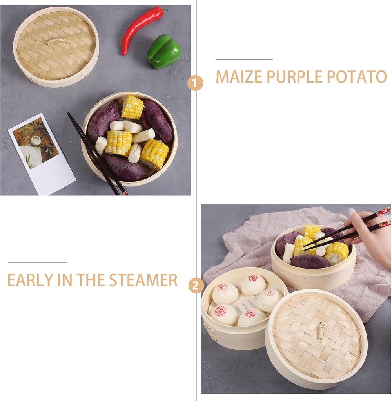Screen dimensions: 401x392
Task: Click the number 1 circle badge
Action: point(195,83)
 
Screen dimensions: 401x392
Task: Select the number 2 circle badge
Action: point(196,285)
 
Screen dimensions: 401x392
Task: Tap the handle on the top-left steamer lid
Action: point(55,41)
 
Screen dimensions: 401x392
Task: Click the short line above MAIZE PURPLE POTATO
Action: point(244,59)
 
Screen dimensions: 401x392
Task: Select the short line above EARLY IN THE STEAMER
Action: point(37,262)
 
